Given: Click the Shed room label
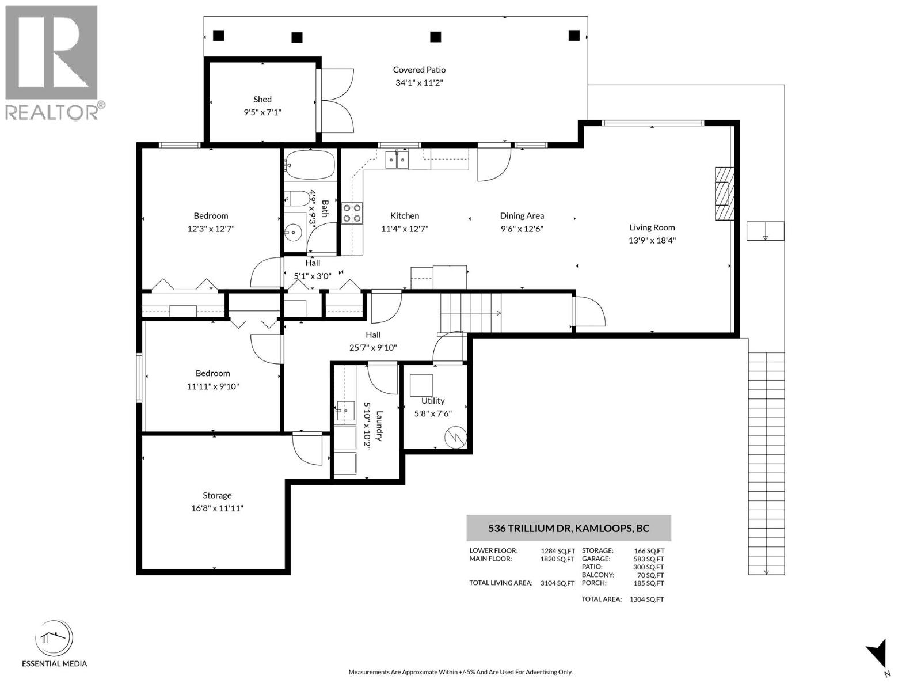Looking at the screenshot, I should (x=262, y=100).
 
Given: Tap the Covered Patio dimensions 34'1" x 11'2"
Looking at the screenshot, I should (x=419, y=83).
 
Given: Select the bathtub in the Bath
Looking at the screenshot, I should (x=310, y=165).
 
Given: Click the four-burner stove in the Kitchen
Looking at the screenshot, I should (x=352, y=213).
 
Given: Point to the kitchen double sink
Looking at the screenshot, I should (x=397, y=158).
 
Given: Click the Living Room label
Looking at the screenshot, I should (x=652, y=227).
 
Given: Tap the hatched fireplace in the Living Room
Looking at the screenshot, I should (x=725, y=193).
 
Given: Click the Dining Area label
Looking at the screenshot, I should (x=522, y=216).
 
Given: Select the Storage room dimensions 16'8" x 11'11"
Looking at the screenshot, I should (x=217, y=508).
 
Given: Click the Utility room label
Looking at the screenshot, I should (x=433, y=401).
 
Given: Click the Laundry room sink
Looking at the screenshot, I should (x=345, y=411).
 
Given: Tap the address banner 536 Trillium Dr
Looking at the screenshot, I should (x=568, y=528).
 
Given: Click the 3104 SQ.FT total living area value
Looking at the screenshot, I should (x=557, y=583).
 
